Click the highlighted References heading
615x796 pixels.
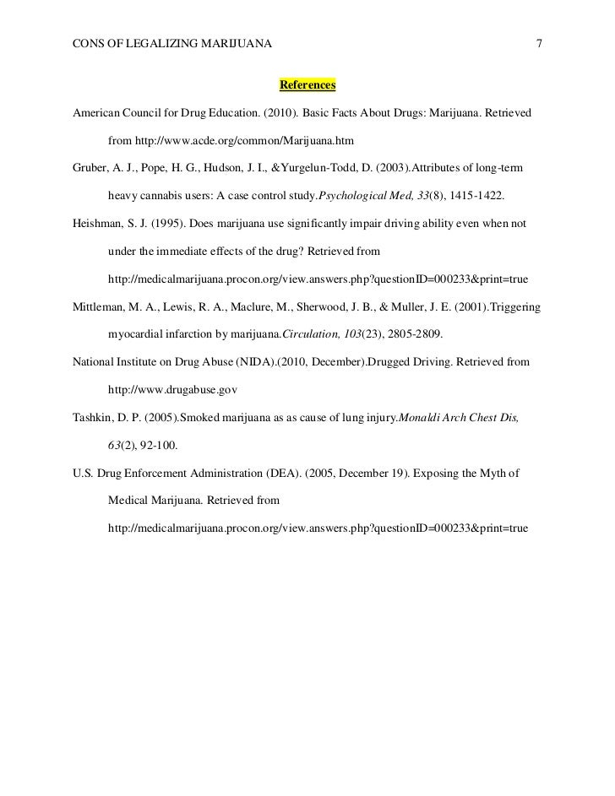(x=307, y=86)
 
